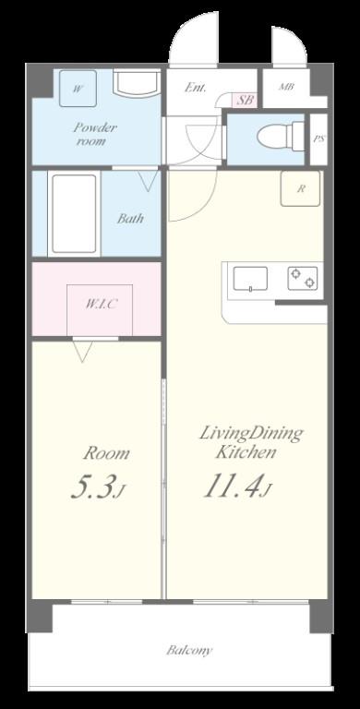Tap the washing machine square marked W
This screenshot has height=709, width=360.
[78, 90]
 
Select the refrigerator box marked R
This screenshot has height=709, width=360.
[301, 188]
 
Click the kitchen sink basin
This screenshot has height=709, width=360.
[249, 278]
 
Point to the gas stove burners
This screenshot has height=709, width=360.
[302, 277]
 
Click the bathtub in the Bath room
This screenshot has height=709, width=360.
[73, 214]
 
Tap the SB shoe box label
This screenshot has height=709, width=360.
[245, 100]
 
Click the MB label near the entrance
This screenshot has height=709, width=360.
[285, 89]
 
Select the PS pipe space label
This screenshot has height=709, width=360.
[319, 138]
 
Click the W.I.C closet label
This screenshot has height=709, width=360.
[101, 303]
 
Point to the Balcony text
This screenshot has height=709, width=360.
[189, 650]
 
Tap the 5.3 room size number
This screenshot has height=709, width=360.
[93, 487]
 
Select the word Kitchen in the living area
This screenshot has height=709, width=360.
[246, 453]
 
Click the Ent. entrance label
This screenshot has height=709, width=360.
[195, 89]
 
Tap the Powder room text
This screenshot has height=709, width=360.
[92, 135]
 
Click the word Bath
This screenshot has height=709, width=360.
[128, 219]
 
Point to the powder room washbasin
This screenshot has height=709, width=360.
[136, 84]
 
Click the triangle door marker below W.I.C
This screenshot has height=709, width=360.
[83, 351]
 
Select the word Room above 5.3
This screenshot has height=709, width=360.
[107, 453]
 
